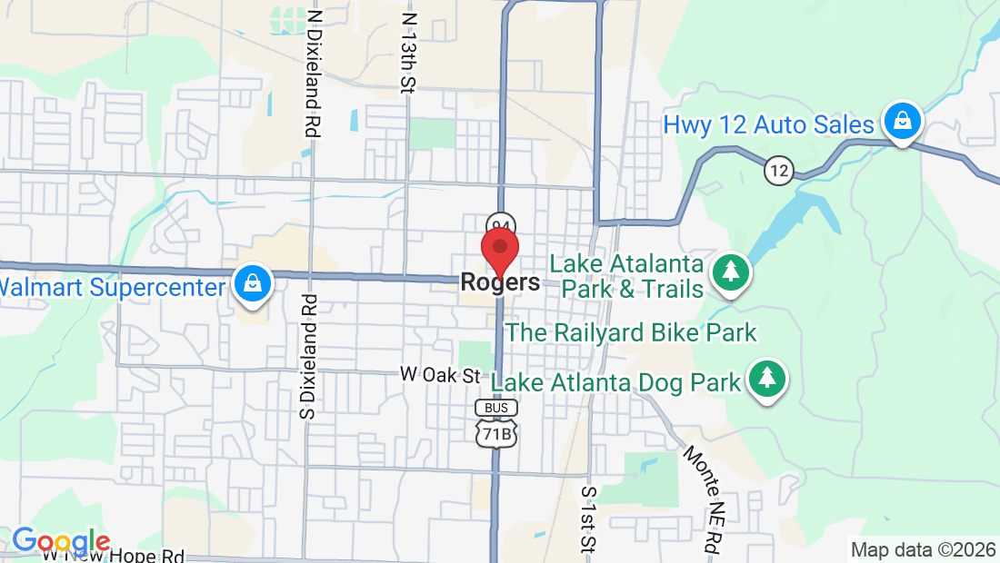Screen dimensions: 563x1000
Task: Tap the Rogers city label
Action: tap(500, 282)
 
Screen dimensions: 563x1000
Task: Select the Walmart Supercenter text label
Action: tap(112, 288)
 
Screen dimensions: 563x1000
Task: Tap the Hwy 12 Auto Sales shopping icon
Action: tap(902, 122)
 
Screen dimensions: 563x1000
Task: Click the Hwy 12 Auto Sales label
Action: tap(768, 124)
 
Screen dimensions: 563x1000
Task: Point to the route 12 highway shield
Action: tap(778, 170)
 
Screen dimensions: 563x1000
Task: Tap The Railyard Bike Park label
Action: tap(631, 332)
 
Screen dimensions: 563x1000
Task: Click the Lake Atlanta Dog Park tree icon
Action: tap(766, 379)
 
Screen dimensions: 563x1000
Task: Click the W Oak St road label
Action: tap(440, 375)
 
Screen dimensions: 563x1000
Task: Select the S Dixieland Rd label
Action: tap(308, 356)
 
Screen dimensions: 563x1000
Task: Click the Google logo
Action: tap(62, 541)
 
